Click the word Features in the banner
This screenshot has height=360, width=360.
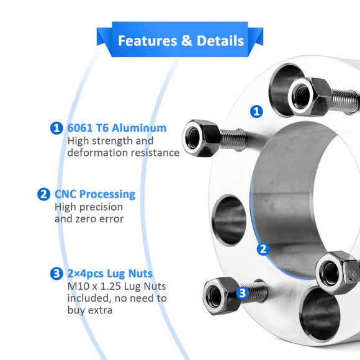tap(148, 40)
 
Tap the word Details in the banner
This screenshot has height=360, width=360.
tap(220, 40)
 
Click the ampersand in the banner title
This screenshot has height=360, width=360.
tap(187, 40)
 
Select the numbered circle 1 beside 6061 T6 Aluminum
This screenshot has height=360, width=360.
tap(56, 128)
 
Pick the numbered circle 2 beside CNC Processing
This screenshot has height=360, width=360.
tap(43, 194)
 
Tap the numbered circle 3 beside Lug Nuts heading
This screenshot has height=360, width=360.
tap(56, 274)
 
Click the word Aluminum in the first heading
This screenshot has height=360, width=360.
tap(139, 128)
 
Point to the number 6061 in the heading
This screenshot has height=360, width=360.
tap(80, 128)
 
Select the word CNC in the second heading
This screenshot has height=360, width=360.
tap(65, 194)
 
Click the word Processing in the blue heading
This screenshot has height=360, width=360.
tap(107, 195)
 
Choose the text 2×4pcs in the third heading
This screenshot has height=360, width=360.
tap(86, 274)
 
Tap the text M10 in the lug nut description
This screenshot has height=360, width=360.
tap(77, 286)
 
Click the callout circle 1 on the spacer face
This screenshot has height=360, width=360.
tap(256, 112)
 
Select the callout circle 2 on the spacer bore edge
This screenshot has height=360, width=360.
tap(263, 249)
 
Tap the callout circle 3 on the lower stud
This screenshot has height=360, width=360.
tap(243, 293)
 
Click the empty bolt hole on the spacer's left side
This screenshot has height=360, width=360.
tap(229, 220)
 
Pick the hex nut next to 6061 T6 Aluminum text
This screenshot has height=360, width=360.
tap(202, 138)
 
